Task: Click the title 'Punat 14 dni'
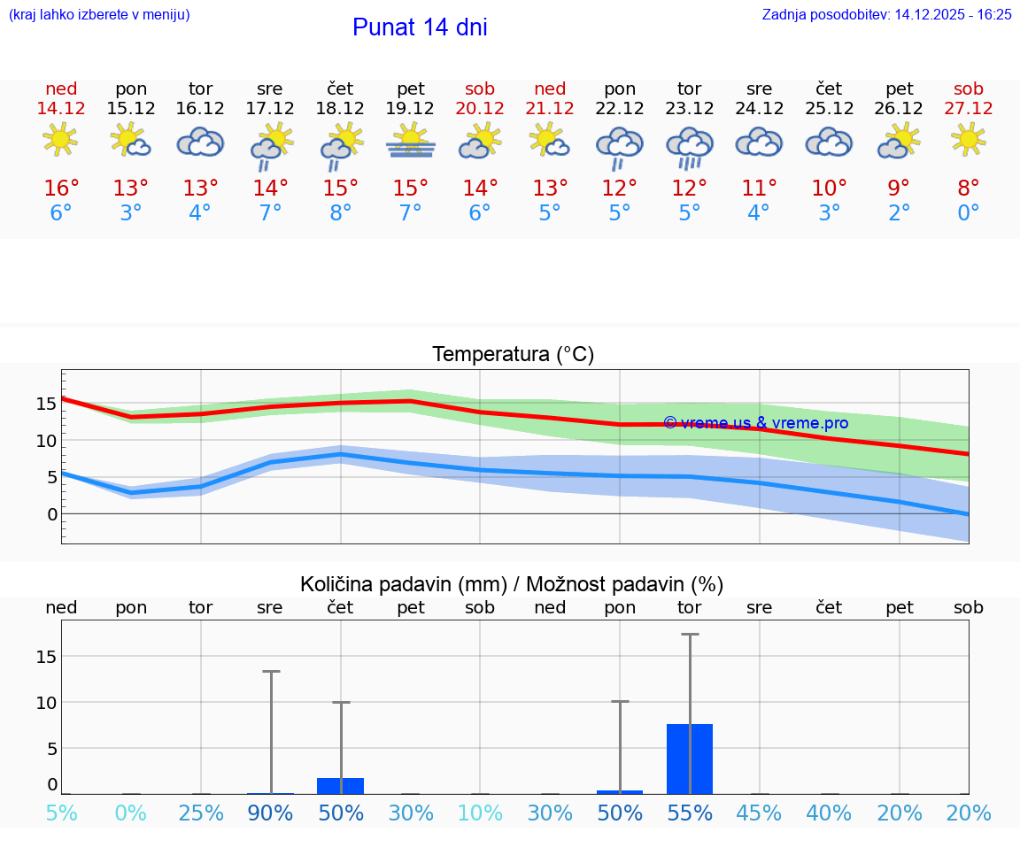[x=420, y=27]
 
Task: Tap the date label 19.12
[x=410, y=109]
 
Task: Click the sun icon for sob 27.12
[x=969, y=140]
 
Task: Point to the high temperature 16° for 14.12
[x=61, y=189]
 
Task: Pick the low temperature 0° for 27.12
[x=969, y=213]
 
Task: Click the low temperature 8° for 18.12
[x=341, y=213]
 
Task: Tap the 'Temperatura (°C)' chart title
[x=513, y=355]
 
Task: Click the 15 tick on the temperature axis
[x=46, y=404]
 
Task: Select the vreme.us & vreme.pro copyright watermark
[x=755, y=423]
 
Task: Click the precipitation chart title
[x=512, y=584]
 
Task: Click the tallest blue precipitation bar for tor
[x=690, y=759]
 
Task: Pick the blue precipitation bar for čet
[x=341, y=786]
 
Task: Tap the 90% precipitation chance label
[x=270, y=813]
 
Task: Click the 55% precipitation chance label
[x=690, y=813]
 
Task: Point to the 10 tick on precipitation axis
[x=46, y=703]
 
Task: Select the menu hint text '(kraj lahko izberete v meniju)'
[x=99, y=14]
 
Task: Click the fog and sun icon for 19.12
[x=410, y=141]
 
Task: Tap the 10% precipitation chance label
[x=479, y=813]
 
